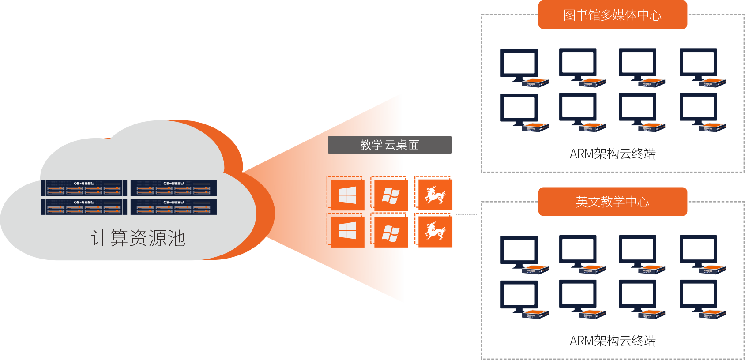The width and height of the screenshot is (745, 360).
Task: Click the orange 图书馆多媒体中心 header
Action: coord(613,15)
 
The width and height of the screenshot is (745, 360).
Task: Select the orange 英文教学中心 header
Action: coord(613,202)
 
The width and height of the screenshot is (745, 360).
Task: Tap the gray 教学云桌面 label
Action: coord(390,145)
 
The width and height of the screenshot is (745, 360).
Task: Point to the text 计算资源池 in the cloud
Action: coord(138,238)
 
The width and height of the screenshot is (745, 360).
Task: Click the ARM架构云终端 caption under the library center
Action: coord(613,154)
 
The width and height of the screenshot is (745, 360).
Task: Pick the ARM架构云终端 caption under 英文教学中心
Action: coord(613,341)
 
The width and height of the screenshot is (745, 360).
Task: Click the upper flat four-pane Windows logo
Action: coord(347,195)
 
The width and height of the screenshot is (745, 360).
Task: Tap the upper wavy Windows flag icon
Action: coord(391,195)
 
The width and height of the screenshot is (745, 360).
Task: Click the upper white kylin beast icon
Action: coord(435,195)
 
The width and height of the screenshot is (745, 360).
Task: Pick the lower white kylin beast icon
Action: coord(435,231)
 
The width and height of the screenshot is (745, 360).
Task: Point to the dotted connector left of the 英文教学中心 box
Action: coord(466,215)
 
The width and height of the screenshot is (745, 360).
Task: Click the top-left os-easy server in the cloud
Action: coord(84,188)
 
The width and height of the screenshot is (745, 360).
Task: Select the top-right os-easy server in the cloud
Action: coord(173,188)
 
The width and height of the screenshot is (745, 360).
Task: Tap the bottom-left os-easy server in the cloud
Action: coord(84,207)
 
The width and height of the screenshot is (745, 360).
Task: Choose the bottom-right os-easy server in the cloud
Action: coord(173,207)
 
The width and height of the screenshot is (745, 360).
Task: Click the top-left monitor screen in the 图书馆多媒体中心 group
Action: coord(519,64)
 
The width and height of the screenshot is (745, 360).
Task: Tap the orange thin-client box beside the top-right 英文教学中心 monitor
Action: coord(712,269)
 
